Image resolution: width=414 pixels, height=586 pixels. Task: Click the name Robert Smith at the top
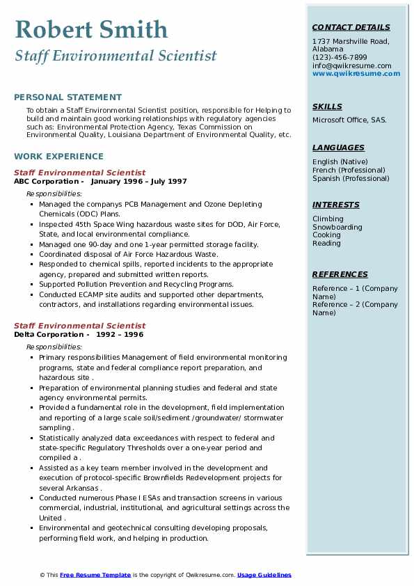point(91,29)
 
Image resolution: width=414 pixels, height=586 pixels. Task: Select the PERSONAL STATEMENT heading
point(67,97)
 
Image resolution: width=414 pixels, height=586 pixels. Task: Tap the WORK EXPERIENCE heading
point(58,157)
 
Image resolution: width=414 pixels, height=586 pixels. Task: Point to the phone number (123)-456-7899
point(340,57)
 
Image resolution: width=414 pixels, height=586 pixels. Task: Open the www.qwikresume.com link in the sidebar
point(356,73)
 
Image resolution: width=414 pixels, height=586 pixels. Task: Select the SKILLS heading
point(327,106)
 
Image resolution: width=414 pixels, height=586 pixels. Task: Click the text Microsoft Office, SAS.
point(349,120)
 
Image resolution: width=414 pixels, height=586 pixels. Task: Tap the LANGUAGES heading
point(338,148)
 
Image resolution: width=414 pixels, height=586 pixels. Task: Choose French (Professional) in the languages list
point(349,170)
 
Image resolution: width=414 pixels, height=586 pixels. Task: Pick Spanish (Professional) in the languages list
point(351,178)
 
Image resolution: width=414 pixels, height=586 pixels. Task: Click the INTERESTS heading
point(336,205)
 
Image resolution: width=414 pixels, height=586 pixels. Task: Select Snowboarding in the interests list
point(337,227)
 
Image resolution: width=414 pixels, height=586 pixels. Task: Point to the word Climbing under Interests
point(328,219)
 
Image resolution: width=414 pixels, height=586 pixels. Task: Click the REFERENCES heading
point(340,274)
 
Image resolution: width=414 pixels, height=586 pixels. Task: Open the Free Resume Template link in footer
point(95,575)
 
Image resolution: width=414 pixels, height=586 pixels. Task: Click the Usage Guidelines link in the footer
point(264,575)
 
